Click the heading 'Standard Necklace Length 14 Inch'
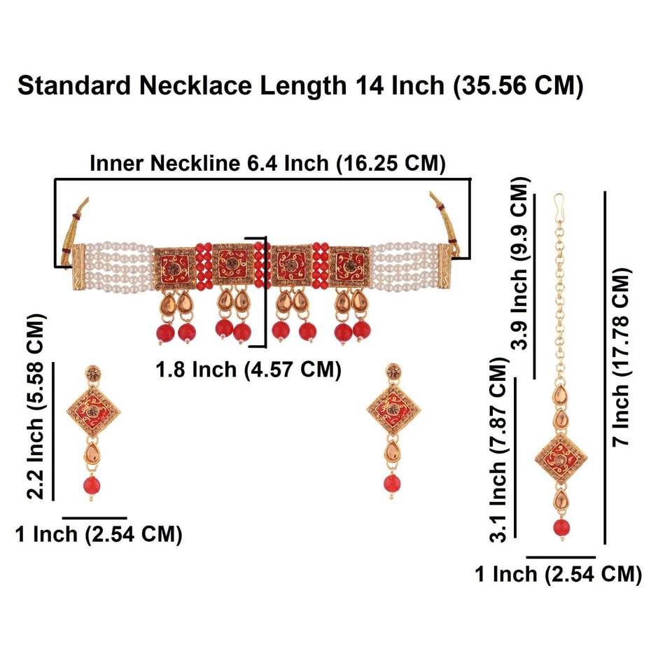click(300, 86)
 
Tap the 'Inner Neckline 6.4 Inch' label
click(268, 164)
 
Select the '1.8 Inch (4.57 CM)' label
click(248, 370)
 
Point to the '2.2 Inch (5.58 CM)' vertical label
click(36, 406)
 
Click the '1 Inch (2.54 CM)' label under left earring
click(99, 535)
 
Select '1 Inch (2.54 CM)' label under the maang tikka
click(558, 575)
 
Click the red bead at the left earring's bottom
click(91, 485)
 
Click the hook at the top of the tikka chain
click(559, 204)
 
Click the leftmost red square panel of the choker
click(172, 266)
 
